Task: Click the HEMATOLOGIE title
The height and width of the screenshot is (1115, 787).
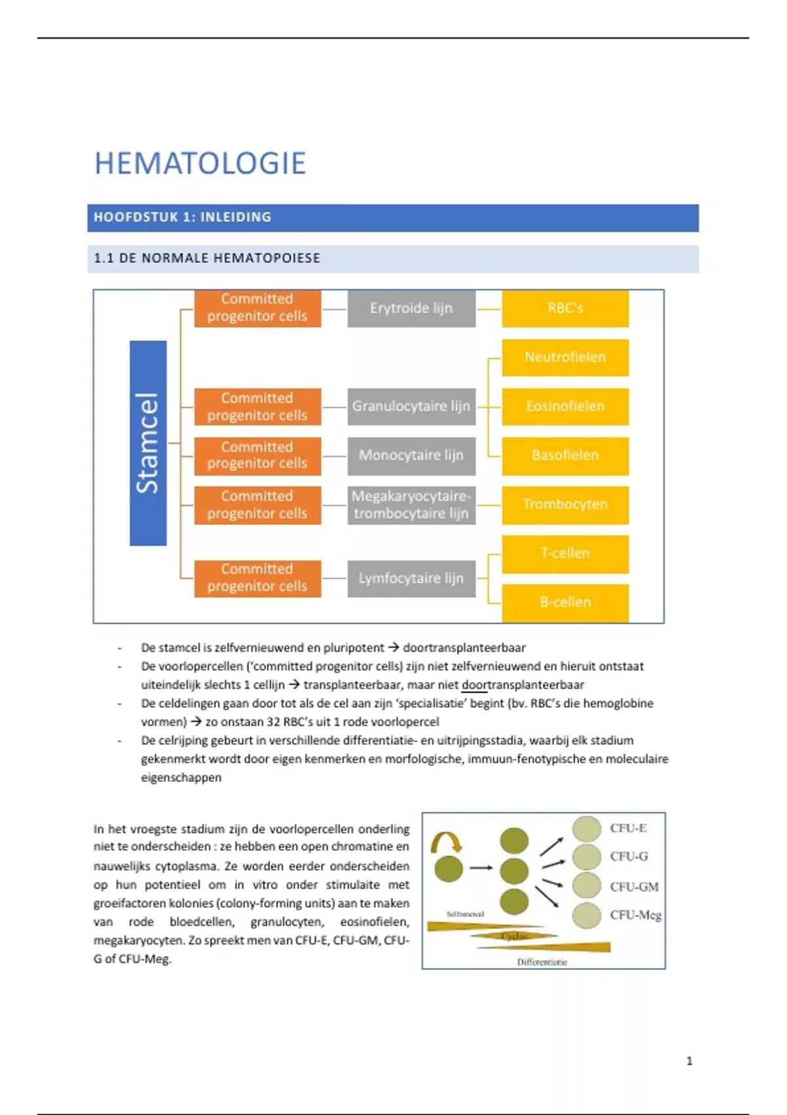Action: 200,163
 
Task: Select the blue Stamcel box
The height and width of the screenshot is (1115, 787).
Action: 148,443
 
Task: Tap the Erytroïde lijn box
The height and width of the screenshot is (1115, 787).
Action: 411,308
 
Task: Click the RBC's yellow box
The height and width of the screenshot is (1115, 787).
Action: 565,308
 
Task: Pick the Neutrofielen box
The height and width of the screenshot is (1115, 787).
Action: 565,357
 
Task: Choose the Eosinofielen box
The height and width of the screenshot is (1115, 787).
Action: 565,406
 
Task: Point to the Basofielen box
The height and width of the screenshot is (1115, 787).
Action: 565,455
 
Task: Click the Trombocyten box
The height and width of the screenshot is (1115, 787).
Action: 565,504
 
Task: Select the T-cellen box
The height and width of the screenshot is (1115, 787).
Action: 565,554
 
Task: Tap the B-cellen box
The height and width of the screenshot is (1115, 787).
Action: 565,602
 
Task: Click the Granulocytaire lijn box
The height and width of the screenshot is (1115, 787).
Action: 411,406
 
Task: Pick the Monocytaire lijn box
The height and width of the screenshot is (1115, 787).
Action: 411,455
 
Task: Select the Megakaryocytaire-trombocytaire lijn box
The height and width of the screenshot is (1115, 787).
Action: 411,504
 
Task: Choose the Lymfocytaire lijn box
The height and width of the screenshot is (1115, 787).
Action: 411,578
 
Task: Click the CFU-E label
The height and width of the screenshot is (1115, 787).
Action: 628,828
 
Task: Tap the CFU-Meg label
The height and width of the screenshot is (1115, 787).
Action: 635,915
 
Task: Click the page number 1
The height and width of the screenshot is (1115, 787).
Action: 689,1061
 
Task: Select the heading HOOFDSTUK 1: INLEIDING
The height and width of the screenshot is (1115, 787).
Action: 182,217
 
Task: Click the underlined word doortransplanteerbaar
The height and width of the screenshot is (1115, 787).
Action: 522,685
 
